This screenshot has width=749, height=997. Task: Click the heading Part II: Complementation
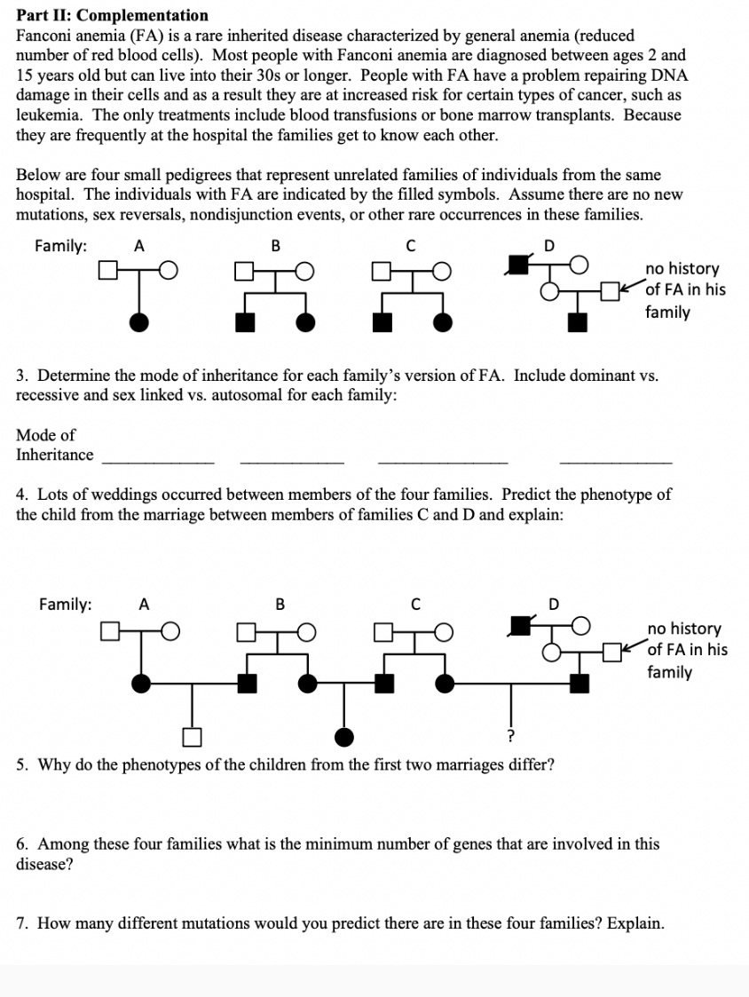point(113,15)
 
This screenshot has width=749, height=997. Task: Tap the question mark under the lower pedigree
point(509,736)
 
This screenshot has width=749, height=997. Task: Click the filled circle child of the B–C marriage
point(343,736)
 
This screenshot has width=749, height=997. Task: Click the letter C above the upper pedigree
point(410,246)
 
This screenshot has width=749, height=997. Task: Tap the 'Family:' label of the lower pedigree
point(65,605)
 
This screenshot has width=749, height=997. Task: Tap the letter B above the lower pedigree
point(280,605)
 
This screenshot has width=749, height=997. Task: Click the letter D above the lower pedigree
point(555,605)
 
